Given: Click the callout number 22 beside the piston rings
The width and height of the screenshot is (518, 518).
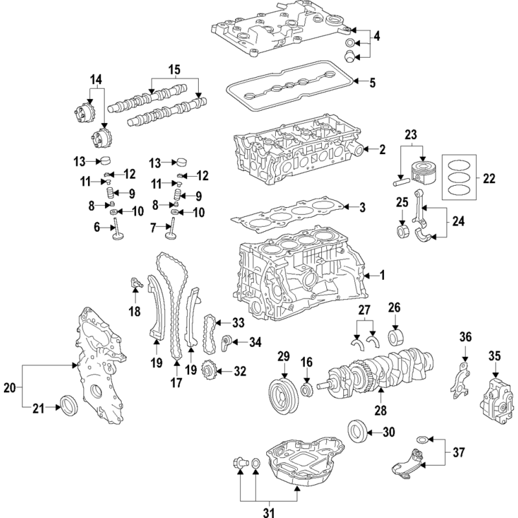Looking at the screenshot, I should tap(490, 176).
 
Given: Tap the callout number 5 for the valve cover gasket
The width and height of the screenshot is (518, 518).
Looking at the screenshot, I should tap(372, 83).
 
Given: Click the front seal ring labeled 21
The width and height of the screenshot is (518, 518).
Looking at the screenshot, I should tap(68, 405).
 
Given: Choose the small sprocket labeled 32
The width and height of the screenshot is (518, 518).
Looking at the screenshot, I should tap(209, 371).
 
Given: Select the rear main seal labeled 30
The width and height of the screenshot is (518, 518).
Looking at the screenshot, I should tap(357, 431).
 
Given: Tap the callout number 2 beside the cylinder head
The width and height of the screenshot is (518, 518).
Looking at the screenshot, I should tap(382, 150).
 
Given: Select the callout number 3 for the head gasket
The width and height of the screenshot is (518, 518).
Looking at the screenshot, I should tap(363, 207).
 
